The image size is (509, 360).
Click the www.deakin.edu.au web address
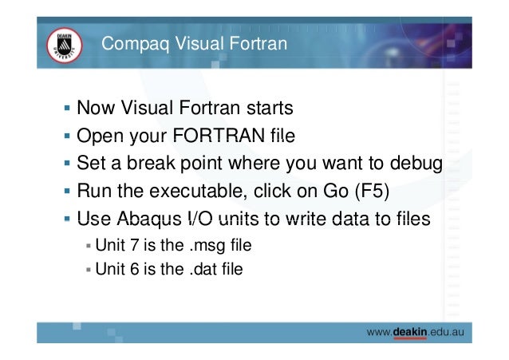coord(416,330)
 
